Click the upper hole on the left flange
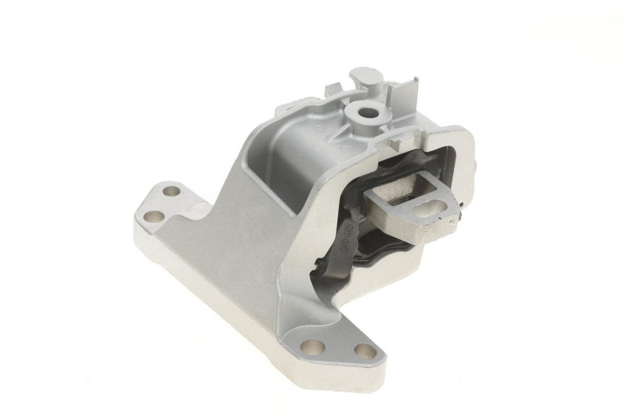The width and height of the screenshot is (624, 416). [x=172, y=192]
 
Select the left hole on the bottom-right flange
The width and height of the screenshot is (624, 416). [x=313, y=346]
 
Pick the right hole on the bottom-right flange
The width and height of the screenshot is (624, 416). [x=365, y=351]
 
